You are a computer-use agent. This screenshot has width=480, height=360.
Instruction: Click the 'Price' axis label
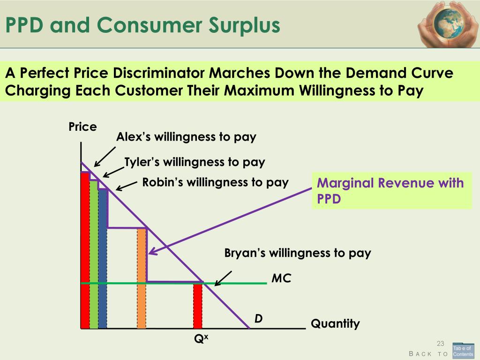coord(82,127)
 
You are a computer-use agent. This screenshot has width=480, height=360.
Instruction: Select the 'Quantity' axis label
coord(335,323)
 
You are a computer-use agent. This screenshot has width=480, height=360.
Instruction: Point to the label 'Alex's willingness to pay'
coord(186,137)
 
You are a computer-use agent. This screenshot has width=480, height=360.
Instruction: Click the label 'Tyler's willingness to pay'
coord(195,162)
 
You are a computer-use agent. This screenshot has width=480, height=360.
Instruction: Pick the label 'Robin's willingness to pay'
coord(215,182)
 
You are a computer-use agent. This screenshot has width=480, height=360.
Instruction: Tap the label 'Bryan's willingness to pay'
coord(298,254)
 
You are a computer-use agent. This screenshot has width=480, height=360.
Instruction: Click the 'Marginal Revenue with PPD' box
coord(391,191)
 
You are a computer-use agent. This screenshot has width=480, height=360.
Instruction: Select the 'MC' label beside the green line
coord(281,278)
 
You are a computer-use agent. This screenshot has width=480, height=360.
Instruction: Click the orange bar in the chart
coord(142,278)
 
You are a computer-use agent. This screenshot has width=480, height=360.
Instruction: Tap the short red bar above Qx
coord(198,306)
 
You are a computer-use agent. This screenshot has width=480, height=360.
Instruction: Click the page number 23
coord(440,344)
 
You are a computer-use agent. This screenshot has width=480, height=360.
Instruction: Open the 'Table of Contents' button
coord(463,351)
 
